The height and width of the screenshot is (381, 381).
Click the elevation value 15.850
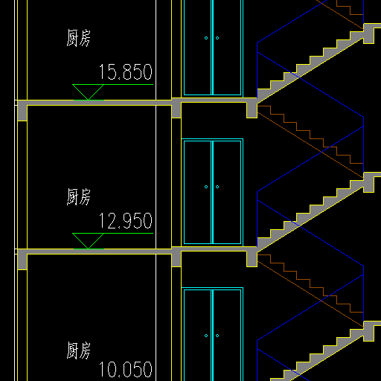tap(126, 72)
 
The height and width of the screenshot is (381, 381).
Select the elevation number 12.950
tap(126, 221)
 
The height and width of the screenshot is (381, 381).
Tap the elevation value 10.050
tap(126, 370)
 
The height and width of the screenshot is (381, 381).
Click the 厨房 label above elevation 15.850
tap(78, 38)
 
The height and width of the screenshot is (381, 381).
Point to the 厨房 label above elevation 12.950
tap(78, 196)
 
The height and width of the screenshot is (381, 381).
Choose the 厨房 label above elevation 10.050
tap(78, 350)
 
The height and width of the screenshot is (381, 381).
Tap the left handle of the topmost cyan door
tap(206, 38)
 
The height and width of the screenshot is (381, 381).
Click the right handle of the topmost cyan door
tap(217, 38)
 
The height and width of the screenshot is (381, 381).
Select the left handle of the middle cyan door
tap(206, 187)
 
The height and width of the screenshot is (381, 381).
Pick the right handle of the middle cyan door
tap(217, 187)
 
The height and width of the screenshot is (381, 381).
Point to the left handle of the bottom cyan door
tap(206, 336)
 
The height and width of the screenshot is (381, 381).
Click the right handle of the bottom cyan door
tap(217, 336)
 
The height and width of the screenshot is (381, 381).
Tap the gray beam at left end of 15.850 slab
tap(22, 111)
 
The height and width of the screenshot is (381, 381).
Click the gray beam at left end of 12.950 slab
tap(22, 260)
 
